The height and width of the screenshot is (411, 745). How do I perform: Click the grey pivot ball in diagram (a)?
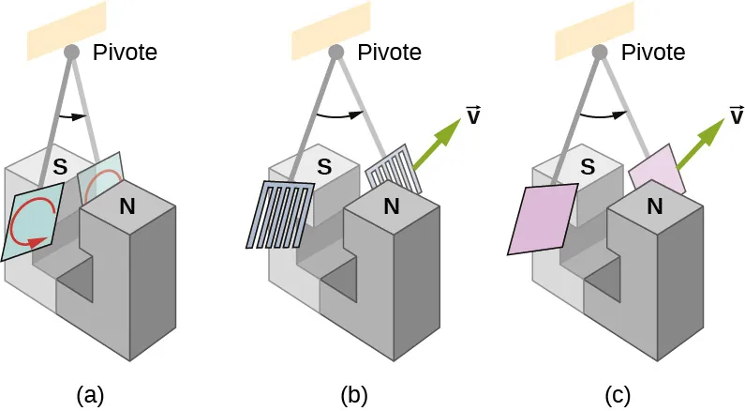71,53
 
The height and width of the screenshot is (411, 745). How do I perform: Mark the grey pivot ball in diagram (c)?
599,53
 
